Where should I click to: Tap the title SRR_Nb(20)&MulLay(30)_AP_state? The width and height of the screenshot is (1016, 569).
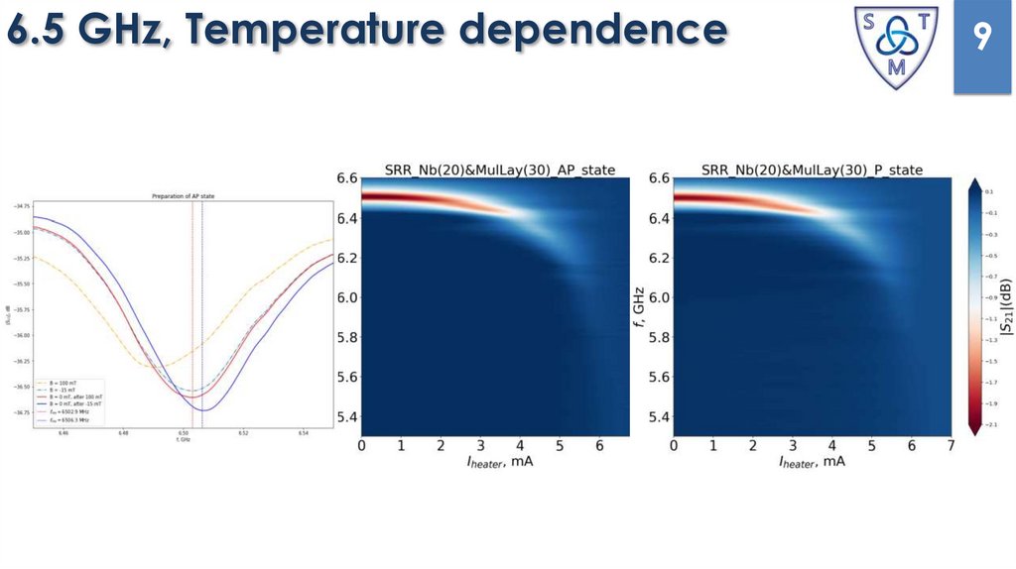pyautogui.click(x=493, y=170)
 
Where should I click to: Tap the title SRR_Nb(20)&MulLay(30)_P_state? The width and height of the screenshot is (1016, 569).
pyautogui.click(x=812, y=170)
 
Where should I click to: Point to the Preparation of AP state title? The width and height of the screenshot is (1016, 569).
pyautogui.click(x=183, y=196)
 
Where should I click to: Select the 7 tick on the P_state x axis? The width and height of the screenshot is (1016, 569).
pyautogui.click(x=951, y=446)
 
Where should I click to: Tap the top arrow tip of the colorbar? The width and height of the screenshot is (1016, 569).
pyautogui.click(x=975, y=181)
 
